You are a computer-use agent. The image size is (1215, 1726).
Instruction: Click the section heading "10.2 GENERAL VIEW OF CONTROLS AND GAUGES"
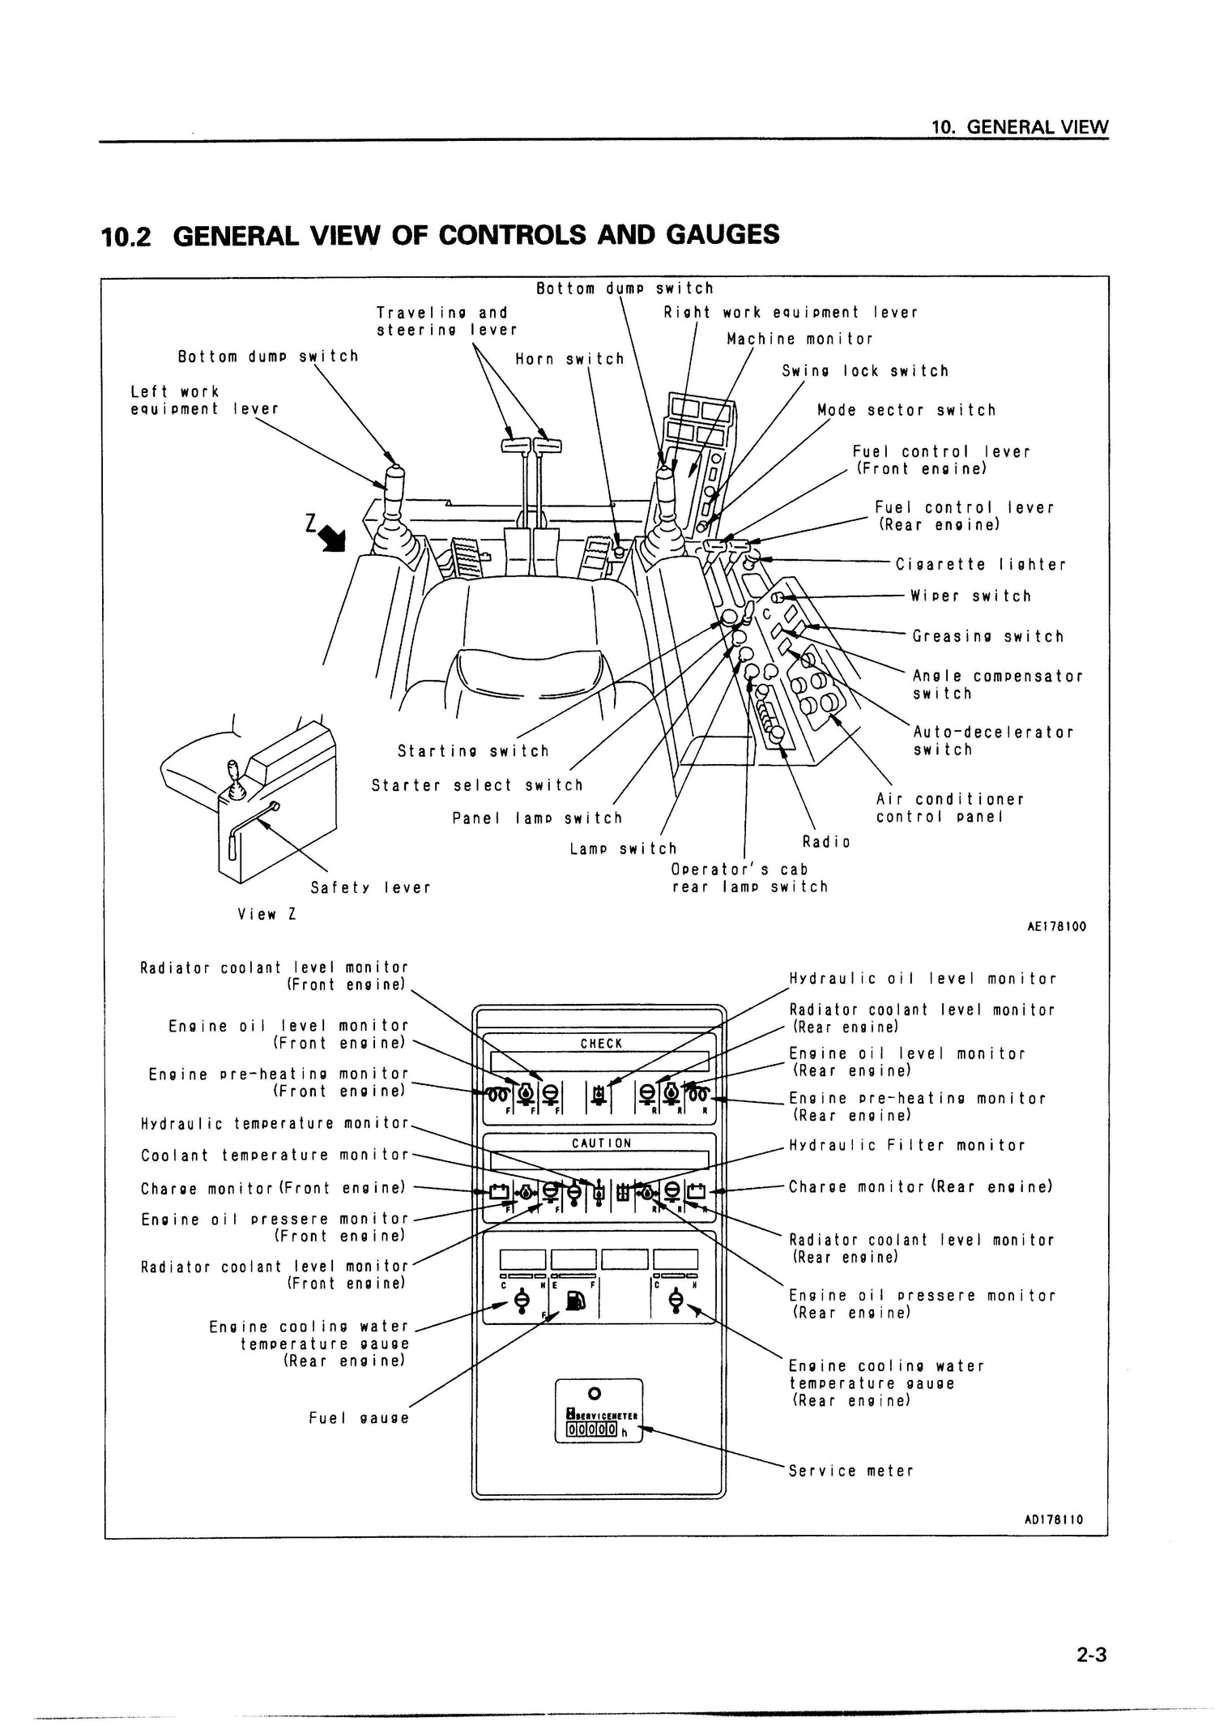[440, 235]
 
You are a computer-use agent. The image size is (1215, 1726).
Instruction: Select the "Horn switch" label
[570, 359]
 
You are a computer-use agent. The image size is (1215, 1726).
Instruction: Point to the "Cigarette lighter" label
[981, 565]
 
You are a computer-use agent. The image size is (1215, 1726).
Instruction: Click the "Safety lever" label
[370, 888]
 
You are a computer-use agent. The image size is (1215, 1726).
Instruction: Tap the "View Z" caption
[266, 915]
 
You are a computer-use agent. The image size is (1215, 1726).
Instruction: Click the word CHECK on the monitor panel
[601, 1044]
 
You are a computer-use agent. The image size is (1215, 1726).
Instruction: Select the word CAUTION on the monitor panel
[601, 1143]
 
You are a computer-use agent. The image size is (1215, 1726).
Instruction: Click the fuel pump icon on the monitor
[574, 1302]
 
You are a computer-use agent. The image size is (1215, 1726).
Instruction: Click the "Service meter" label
[850, 1471]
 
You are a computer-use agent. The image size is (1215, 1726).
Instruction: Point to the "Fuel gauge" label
[359, 1418]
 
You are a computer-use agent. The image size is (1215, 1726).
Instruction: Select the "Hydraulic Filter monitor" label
[907, 1146]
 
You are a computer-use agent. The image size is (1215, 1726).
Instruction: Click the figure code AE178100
[1056, 926]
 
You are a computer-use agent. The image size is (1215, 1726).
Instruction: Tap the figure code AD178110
[1054, 1520]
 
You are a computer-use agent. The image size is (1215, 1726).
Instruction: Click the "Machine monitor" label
[799, 340]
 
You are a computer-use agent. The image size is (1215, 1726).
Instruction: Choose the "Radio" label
[826, 842]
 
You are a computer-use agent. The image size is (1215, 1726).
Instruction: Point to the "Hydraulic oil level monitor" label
[923, 979]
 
